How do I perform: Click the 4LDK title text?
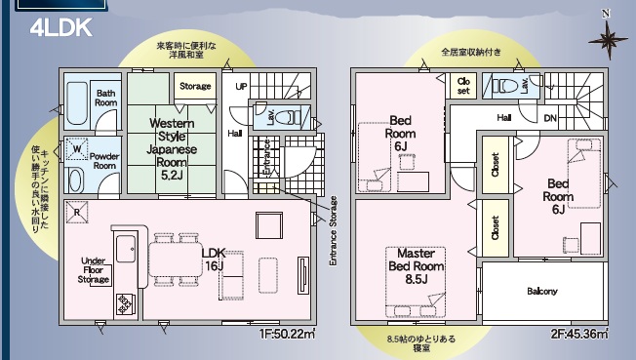coord(60,26)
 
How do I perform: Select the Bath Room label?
coord(106,98)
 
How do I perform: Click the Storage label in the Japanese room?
coord(195,87)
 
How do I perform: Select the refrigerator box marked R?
coord(77,211)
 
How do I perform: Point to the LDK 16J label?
coord(213,258)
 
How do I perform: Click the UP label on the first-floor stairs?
coord(241,86)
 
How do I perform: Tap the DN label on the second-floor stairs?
coord(550,118)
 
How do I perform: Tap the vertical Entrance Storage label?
coord(333,230)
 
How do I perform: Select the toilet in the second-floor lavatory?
coord(503,87)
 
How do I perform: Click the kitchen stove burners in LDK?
coord(125,303)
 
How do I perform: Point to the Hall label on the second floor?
coord(503,117)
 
